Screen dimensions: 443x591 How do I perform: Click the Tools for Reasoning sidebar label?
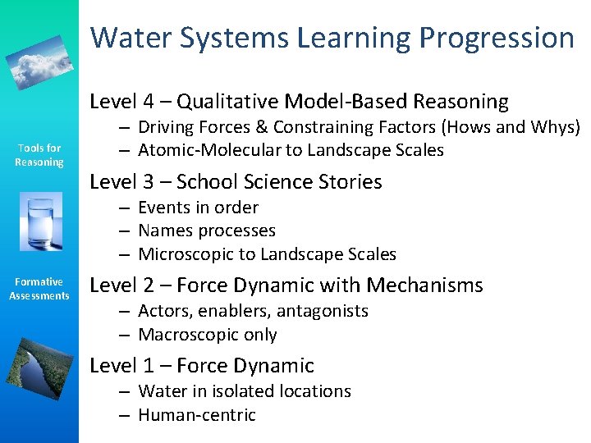pos(39,155)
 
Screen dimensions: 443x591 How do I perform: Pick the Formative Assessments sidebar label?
pos(39,289)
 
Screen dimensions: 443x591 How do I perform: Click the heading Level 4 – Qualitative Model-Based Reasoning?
pos(299,102)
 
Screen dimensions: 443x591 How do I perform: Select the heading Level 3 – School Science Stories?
pos(236,181)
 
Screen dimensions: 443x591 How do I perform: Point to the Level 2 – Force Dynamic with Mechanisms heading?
pos(286,285)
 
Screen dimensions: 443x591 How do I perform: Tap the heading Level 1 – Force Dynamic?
pos(201,366)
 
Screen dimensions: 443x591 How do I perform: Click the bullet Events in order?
pos(198,208)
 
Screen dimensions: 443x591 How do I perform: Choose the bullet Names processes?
pos(207,231)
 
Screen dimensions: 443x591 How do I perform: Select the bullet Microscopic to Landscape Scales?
pos(267,254)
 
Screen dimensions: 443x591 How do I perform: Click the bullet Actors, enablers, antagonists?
pos(253,311)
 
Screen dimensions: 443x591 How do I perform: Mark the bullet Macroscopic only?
pos(208,335)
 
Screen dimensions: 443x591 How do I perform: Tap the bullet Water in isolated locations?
pos(245,391)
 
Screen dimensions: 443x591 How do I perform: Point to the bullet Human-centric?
pos(197,415)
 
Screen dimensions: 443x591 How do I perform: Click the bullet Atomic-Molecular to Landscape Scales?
pos(291,150)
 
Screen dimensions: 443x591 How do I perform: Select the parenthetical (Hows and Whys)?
pos(511,127)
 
